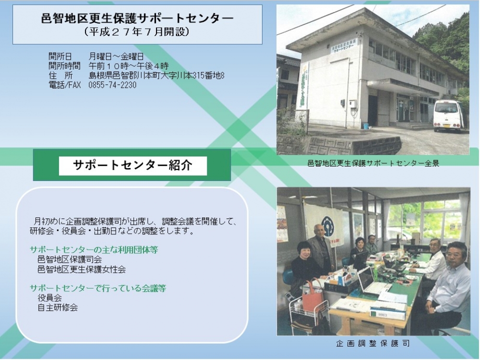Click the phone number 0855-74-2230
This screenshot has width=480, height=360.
112,85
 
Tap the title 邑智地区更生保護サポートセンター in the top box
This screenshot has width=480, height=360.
137,19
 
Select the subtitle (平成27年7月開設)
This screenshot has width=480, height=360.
137,32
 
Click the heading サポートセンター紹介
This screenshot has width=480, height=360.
133,166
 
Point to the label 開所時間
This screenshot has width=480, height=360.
64,66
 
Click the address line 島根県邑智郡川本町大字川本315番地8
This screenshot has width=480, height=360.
156,75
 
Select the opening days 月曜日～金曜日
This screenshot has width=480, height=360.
116,57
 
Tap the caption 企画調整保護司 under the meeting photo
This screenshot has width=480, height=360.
372,343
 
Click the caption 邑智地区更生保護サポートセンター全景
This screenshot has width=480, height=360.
373,164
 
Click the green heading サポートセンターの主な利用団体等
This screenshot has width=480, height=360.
94,250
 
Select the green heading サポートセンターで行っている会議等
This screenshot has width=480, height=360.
97,288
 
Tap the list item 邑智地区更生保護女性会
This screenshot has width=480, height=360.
82,269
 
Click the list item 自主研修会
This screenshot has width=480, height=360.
58,307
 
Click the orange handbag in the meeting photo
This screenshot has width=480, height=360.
311,294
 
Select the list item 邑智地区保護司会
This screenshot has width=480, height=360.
70,260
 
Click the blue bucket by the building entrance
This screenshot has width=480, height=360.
365,125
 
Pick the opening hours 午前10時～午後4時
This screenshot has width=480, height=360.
129,66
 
